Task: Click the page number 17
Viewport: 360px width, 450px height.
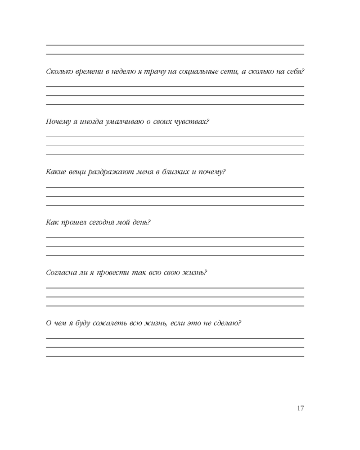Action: (x=301, y=408)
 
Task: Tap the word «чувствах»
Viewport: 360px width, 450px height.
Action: (x=192, y=121)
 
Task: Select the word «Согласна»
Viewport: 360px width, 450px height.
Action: (x=61, y=273)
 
